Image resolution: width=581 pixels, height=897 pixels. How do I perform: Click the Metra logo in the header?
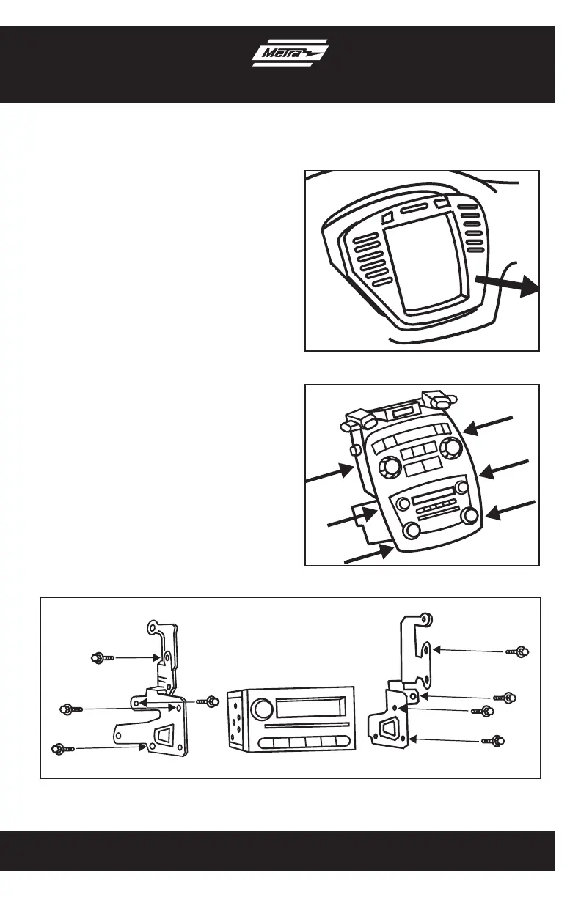pyautogui.click(x=290, y=53)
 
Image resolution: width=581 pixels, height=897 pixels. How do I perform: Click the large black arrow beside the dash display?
pyautogui.click(x=507, y=286)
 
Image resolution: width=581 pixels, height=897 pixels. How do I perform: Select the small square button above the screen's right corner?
pyautogui.click(x=442, y=202)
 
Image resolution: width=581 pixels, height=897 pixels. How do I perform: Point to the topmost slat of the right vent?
pyautogui.click(x=467, y=207)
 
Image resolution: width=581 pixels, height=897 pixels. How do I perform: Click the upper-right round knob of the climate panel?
pyautogui.click(x=449, y=447)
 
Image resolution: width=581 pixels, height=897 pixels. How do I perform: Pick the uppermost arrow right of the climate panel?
pyautogui.click(x=488, y=425)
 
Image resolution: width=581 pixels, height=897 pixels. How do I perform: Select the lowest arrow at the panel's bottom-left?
pyautogui.click(x=369, y=555)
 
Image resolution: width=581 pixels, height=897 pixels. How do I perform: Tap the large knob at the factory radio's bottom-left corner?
pyautogui.click(x=411, y=531)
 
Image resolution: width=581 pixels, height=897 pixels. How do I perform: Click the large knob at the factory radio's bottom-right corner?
pyautogui.click(x=469, y=515)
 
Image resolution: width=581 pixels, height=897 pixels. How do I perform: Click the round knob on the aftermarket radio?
pyautogui.click(x=261, y=709)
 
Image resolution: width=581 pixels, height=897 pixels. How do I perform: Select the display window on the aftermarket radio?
pyautogui.click(x=310, y=708)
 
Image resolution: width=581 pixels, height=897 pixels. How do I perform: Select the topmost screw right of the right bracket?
pyautogui.click(x=517, y=652)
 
